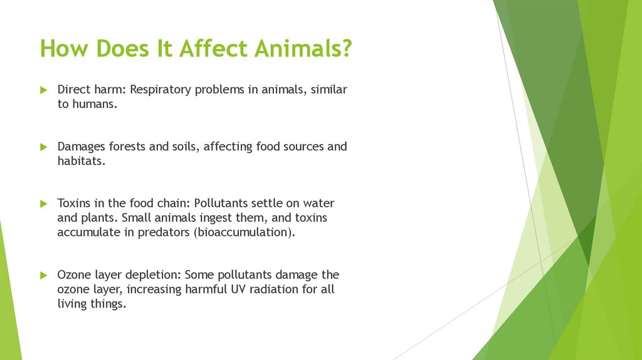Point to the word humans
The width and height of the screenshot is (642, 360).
[95, 104]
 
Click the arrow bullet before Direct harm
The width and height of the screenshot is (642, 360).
[44, 90]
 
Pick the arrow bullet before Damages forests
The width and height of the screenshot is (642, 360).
[44, 147]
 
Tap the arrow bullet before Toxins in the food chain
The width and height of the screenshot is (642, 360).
[44, 204]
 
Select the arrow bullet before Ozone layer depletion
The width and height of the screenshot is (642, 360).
[44, 275]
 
